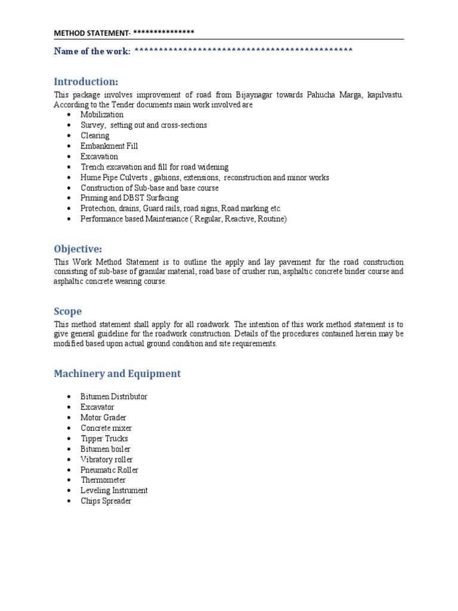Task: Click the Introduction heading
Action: point(86,82)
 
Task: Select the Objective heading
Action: point(78,249)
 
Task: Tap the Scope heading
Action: point(68,311)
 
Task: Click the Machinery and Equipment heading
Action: point(117,374)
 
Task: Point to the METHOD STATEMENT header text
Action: point(92,32)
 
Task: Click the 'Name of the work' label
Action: point(92,51)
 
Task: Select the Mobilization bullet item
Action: point(102,115)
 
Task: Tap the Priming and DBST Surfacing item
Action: point(129,198)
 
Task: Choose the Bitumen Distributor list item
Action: point(114,397)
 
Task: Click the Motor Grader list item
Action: point(103,418)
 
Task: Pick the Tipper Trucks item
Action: point(104,439)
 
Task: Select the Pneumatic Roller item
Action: point(109,470)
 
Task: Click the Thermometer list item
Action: point(103,480)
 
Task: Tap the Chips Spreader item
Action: point(106,501)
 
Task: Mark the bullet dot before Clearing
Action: point(70,136)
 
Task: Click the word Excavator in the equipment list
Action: point(97,407)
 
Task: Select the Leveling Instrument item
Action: point(114,490)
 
